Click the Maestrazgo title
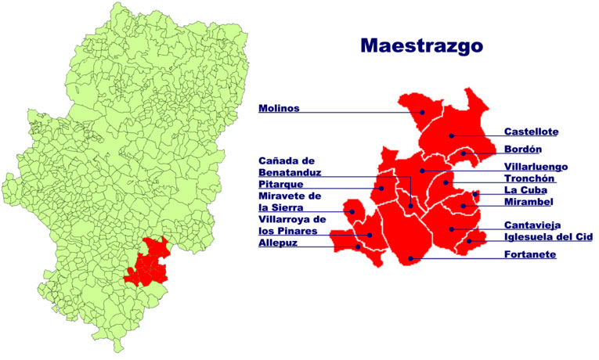point(421,45)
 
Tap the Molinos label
point(279,109)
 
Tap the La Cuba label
point(525,189)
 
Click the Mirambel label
point(529,201)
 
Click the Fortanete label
point(530,254)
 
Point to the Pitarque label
point(281,184)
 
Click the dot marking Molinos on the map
point(422,112)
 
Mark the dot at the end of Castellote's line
point(452,136)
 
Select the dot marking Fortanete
point(410,258)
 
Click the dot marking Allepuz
point(359,247)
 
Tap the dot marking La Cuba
point(475,194)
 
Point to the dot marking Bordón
point(463,153)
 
